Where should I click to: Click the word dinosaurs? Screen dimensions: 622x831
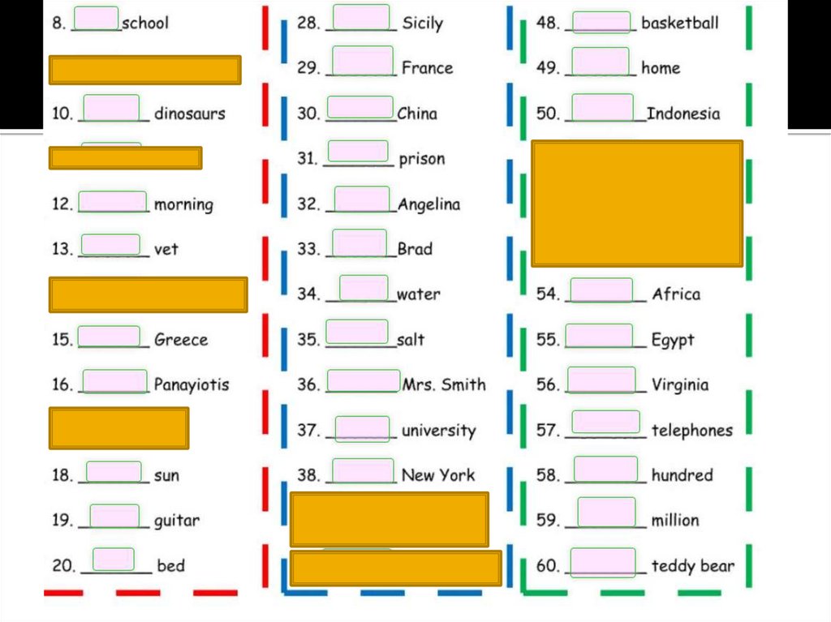click(x=189, y=114)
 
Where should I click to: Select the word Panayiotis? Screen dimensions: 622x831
click(x=192, y=384)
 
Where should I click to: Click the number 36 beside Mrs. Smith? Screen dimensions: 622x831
click(x=308, y=385)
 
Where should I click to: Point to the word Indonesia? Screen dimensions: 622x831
click(x=682, y=114)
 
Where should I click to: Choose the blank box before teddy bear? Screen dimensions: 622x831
click(x=602, y=562)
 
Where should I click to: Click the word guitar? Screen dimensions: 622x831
click(x=177, y=521)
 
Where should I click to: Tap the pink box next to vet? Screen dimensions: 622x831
click(x=111, y=244)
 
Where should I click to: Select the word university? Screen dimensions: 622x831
click(x=438, y=431)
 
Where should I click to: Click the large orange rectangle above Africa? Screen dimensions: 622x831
click(x=637, y=204)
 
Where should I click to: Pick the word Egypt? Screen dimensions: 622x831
click(x=673, y=340)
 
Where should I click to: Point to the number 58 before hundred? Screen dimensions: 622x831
click(x=548, y=475)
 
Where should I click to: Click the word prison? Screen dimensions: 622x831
click(x=421, y=159)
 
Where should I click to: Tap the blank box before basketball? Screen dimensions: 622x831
click(x=601, y=22)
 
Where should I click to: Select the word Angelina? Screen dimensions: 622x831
click(x=428, y=204)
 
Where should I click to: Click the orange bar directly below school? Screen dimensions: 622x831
click(x=145, y=70)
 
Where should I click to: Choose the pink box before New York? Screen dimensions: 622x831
click(x=363, y=470)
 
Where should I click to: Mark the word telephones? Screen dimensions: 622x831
click(x=691, y=431)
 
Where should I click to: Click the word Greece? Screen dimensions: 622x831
click(x=181, y=340)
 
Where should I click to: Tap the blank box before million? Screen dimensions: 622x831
click(x=606, y=512)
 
